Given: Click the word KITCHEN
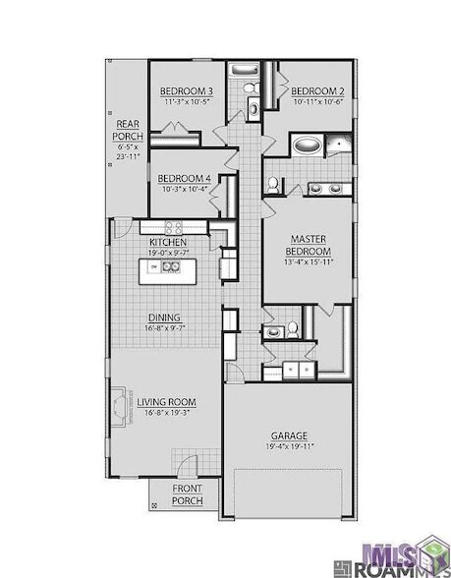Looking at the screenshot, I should coord(168,242).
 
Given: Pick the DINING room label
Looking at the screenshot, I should coord(164,318).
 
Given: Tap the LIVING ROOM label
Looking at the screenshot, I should coord(167,402).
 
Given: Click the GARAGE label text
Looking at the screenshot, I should coord(290,435).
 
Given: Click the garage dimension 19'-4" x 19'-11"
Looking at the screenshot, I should coord(290,447).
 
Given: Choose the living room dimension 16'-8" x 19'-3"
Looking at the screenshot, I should coord(167,414).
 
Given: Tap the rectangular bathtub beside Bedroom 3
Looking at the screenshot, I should coord(242,71).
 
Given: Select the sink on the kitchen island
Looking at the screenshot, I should coord(170,266).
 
